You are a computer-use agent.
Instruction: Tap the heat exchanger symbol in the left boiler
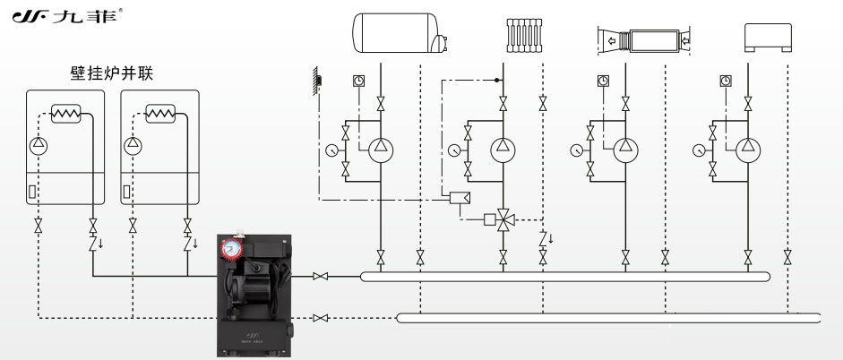[66, 114]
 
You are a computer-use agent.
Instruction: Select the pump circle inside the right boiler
[133, 143]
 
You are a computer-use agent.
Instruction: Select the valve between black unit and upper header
[320, 277]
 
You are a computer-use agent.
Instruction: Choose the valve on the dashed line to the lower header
[320, 317]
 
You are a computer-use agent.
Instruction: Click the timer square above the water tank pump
[358, 80]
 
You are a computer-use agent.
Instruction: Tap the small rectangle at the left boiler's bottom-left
[33, 191]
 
